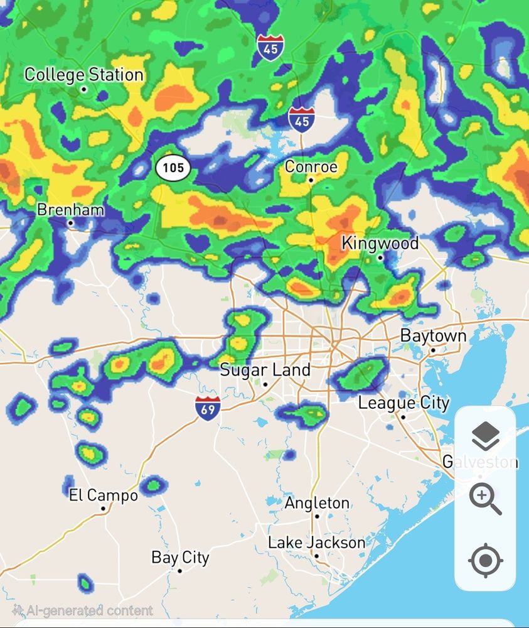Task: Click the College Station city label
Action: coord(84,75)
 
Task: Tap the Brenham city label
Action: coord(70,210)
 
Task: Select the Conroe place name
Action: coord(311,167)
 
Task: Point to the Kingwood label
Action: coord(380,244)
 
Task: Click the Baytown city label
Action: coord(433,336)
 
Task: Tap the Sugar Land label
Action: coord(265,370)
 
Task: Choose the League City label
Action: coord(403,403)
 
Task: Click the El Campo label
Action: coord(103,495)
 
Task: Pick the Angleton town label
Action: coord(317,503)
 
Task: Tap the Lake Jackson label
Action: coord(316,543)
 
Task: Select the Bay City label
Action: coord(180,558)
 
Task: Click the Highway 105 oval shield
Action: coord(173,168)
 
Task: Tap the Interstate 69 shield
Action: coord(207,408)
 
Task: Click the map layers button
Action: coord(484,436)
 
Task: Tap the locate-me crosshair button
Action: coord(485,561)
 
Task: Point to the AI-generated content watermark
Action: coord(82,610)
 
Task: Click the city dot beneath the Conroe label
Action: coord(311,180)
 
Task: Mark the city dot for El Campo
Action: coord(103,509)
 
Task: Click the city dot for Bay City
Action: coord(179,571)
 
